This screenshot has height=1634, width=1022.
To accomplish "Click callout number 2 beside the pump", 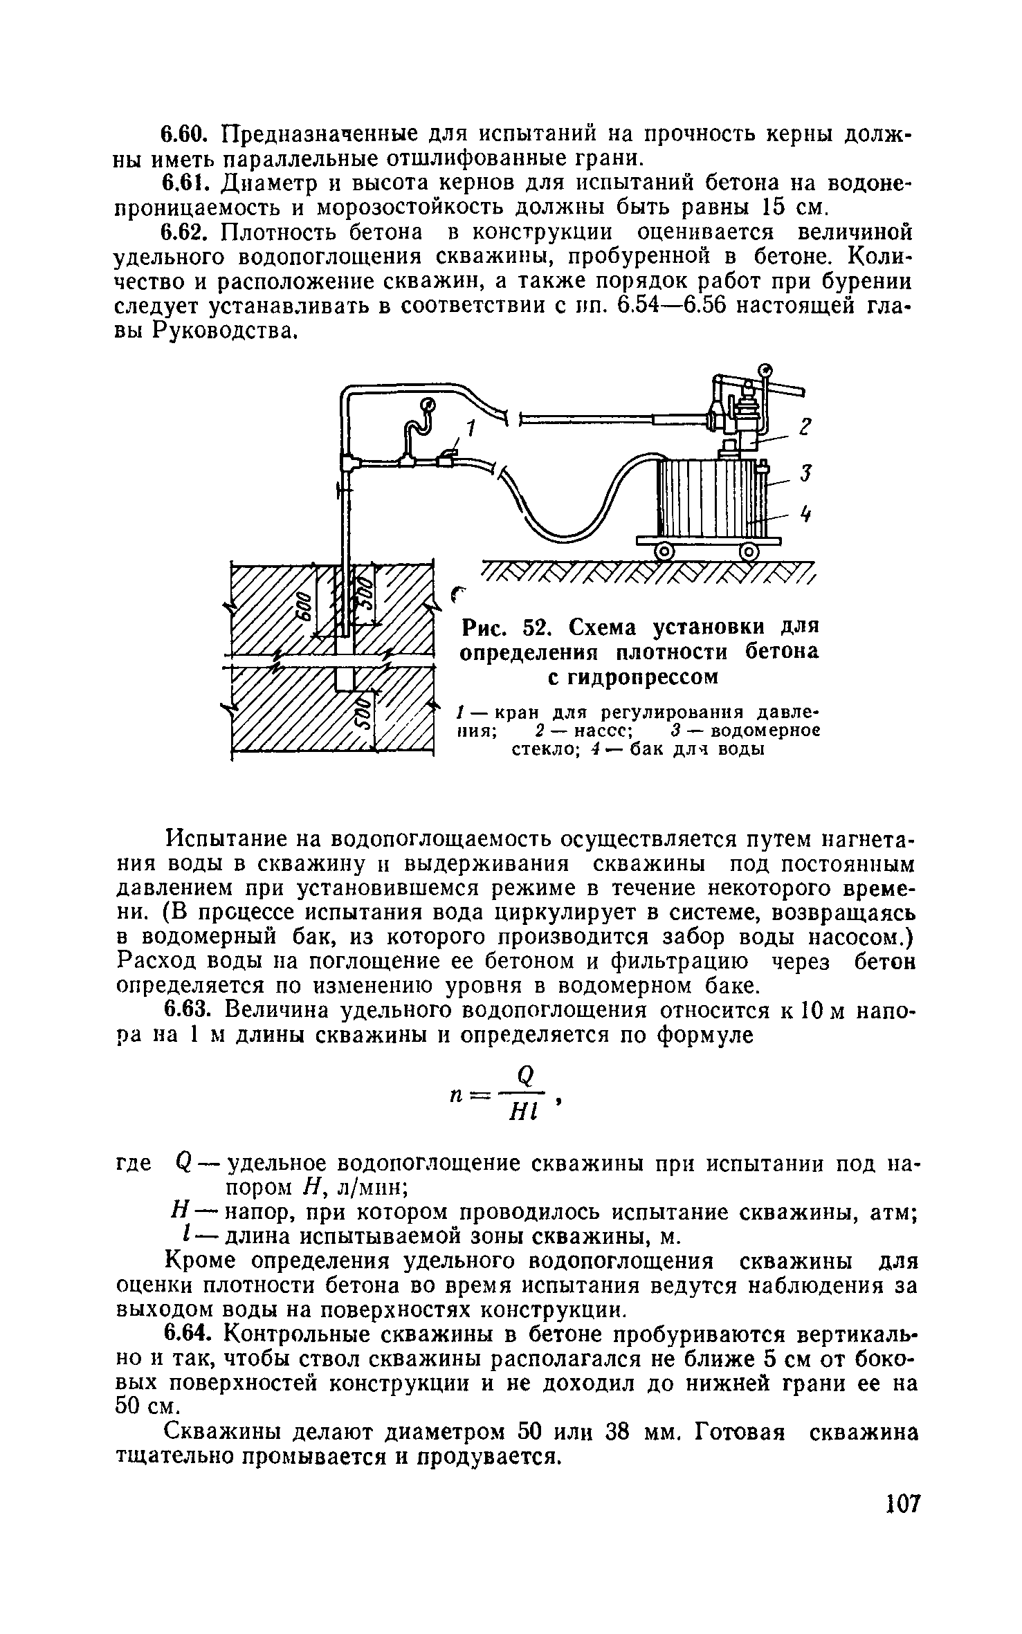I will click(805, 428).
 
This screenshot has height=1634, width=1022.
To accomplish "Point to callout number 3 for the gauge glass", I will click(805, 474).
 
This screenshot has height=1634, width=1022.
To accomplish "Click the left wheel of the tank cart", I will click(664, 551).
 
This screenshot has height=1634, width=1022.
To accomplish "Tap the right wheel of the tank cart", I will click(749, 551).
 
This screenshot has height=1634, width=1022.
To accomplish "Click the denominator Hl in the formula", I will click(526, 1112).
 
